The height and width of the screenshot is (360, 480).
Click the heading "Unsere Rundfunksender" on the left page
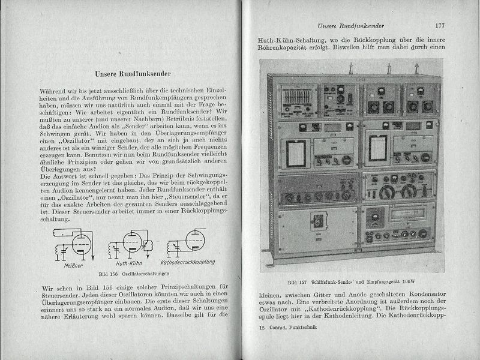[134, 74]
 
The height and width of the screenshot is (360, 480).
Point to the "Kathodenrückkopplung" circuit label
[188, 263]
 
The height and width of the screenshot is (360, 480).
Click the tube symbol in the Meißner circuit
[79, 243]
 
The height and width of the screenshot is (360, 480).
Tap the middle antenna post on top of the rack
[356, 67]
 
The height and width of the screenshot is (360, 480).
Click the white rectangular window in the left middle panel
[299, 148]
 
